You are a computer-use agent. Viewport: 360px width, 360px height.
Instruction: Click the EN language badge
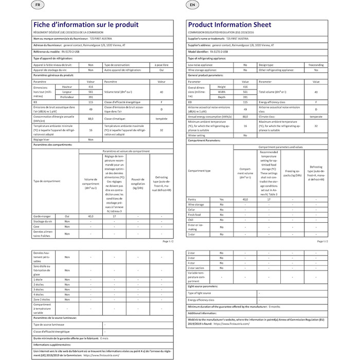point(192,5)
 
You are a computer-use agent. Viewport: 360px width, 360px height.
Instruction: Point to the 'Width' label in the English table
point(222,92)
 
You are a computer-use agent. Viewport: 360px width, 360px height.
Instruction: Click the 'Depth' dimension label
point(222,97)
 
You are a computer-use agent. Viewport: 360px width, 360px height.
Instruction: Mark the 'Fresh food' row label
point(195,214)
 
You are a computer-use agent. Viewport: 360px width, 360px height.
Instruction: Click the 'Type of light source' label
point(202,293)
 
